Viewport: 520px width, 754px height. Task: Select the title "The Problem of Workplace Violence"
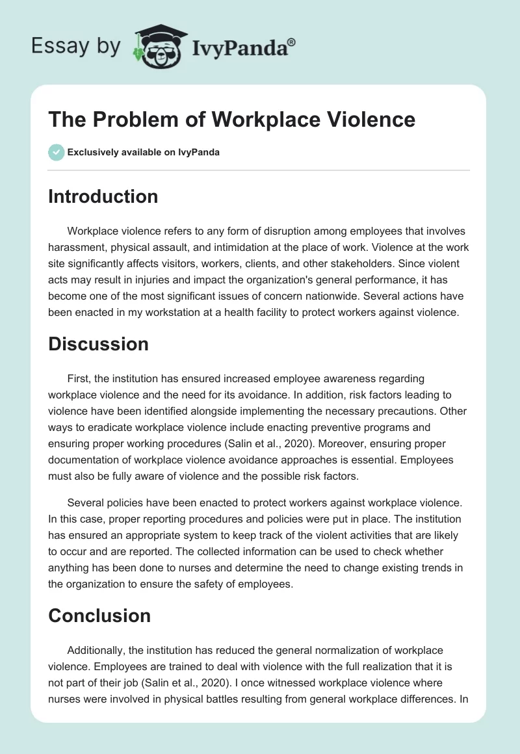pyautogui.click(x=231, y=120)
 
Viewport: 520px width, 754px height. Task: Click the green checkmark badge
pyautogui.click(x=56, y=153)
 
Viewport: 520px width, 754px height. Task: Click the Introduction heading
pyautogui.click(x=103, y=196)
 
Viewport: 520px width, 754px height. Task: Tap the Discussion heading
pyautogui.click(x=98, y=344)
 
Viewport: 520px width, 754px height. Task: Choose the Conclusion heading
pyautogui.click(x=99, y=616)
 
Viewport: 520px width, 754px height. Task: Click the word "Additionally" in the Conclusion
pyautogui.click(x=97, y=650)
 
